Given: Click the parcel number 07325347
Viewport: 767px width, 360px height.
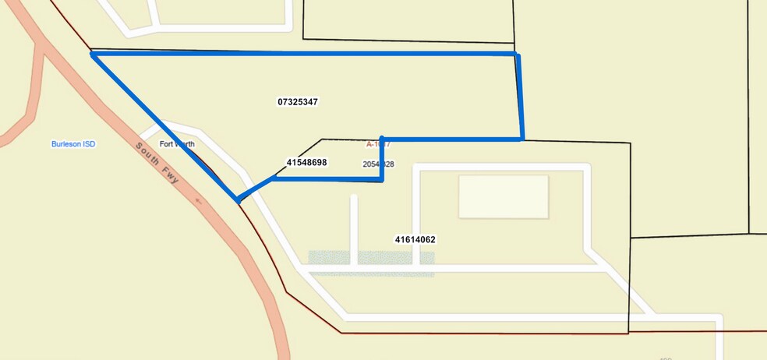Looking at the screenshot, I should click(297, 102).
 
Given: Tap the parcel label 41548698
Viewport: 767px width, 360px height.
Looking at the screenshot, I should click(306, 163).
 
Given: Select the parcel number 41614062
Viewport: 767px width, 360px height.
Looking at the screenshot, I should click(415, 240).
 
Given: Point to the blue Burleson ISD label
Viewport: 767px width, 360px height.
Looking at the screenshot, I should click(73, 144).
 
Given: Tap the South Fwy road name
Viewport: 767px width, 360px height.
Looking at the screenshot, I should click(157, 164).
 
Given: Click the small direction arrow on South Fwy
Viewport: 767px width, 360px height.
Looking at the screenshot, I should click(199, 201).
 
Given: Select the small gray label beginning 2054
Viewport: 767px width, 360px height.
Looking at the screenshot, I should click(378, 164).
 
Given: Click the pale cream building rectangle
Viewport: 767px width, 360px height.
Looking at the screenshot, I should click(503, 196).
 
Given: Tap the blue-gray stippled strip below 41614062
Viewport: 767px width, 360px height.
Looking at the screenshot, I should click(371, 263).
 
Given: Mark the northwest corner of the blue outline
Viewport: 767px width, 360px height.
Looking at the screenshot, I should click(93, 54).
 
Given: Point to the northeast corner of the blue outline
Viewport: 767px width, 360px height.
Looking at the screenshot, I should click(517, 55).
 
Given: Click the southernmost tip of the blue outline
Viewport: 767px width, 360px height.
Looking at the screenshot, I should click(237, 200).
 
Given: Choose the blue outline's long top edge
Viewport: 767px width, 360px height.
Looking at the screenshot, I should click(304, 54).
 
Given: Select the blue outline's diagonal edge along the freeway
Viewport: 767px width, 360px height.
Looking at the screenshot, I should click(164, 126).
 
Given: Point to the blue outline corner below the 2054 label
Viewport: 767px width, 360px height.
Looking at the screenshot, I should click(382, 179).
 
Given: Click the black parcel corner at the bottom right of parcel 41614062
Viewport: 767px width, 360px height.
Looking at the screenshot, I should click(628, 333).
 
